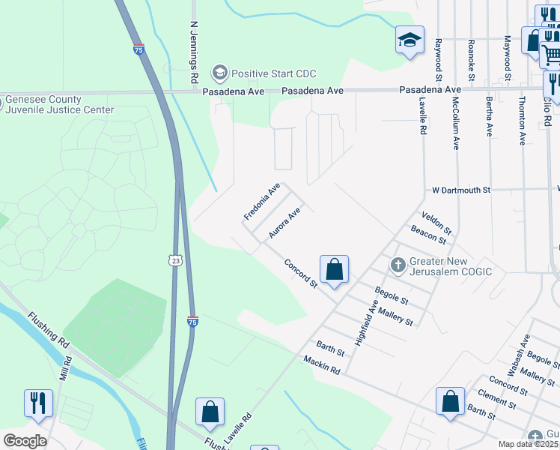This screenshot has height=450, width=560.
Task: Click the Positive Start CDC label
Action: [273, 73]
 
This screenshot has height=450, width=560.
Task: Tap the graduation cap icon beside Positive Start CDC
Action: [219, 73]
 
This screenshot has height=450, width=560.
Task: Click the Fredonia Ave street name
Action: [261, 202]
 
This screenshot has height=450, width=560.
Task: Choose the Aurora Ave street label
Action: [284, 223]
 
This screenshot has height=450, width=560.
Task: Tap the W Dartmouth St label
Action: [460, 190]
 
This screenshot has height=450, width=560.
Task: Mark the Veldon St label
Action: [436, 221]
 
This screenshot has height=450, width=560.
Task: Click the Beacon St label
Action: [428, 236]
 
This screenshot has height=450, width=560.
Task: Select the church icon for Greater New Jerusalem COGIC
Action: [398, 265]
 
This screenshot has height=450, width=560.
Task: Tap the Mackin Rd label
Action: [322, 366]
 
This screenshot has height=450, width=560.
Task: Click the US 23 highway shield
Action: [174, 259]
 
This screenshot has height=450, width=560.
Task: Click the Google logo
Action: [24, 441]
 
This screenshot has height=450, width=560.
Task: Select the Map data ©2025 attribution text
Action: [528, 444]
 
